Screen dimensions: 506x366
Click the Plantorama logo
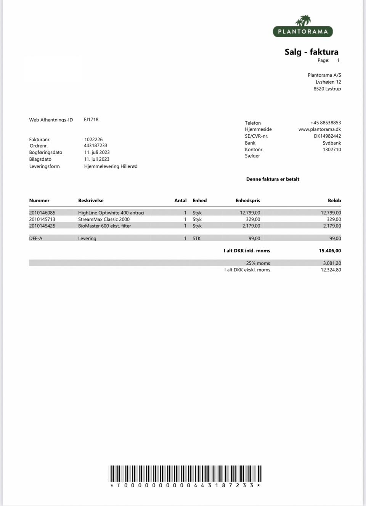pos(303,27)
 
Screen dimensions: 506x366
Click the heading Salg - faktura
pos(311,52)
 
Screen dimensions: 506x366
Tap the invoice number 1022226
pos(93,140)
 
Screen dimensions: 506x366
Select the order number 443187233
pos(95,146)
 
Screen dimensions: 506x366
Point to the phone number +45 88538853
pos(326,123)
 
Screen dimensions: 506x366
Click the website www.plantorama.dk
pos(319,129)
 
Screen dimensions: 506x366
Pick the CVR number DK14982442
pos(327,136)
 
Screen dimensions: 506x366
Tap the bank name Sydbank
pos(332,143)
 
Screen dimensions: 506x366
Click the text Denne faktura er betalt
pos(273,179)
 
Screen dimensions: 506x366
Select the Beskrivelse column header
pos(91,201)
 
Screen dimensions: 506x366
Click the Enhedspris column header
pos(247,201)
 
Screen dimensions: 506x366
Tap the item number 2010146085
pos(42,213)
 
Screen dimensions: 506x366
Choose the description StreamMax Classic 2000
pos(104,219)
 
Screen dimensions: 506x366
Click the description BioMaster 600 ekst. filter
pos(104,226)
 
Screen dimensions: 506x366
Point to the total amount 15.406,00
pos(330,251)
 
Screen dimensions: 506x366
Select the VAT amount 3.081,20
pos(332,263)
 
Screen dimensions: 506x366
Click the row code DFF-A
pos(36,238)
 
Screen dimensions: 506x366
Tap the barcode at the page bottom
pos(185,474)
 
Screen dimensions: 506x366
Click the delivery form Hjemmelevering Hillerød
pos(111,166)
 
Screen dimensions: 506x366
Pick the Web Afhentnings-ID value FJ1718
pos(91,120)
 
